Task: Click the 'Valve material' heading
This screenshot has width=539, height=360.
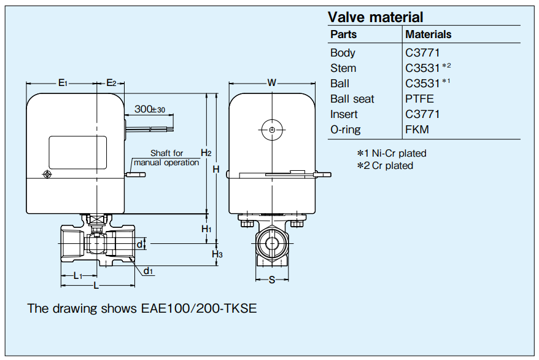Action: coord(376,17)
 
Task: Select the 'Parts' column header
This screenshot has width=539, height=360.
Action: coord(343,34)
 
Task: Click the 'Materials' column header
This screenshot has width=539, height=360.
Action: coord(428,34)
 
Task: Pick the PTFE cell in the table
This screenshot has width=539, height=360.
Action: coord(419,99)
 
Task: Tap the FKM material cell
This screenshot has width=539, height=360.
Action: coord(417,130)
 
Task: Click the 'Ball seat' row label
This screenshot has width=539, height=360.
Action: coord(352,99)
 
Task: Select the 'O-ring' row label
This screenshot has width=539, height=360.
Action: coord(345,130)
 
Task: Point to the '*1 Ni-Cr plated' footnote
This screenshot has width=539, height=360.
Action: coord(392,153)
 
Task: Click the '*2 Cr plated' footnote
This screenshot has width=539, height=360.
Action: coord(386,165)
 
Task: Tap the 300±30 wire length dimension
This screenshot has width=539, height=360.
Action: coord(150,109)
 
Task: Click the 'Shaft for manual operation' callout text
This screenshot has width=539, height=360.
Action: coord(166,158)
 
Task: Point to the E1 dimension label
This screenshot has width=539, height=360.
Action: coord(63,82)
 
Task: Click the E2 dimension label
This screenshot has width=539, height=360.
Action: coord(111,82)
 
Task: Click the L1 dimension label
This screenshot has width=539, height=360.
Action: coord(78,276)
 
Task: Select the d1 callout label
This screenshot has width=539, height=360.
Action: coord(149,271)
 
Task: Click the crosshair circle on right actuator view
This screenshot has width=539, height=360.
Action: coord(271,130)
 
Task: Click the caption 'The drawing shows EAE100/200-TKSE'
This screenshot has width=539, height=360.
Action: coord(142,308)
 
